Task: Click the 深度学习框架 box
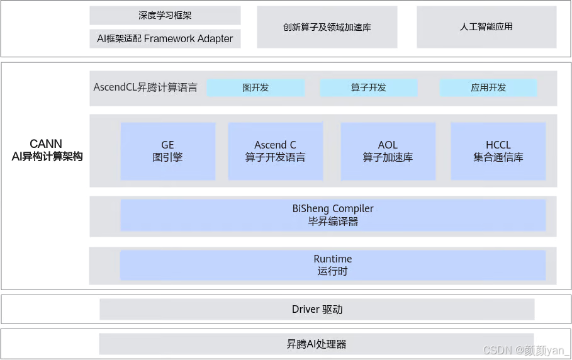165,15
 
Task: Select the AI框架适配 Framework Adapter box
165,39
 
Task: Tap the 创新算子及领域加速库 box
327,27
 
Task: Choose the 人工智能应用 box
486,27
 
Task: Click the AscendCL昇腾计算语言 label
145,87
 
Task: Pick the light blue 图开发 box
255,87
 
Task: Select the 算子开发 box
369,87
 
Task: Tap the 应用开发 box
488,87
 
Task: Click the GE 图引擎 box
167,151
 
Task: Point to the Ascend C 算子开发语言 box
275,151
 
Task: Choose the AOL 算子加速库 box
388,151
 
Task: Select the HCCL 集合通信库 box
498,151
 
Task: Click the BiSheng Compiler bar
333,215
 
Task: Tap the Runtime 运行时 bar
333,265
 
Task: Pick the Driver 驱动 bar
317,309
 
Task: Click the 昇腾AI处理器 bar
317,344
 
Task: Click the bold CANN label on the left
48,142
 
